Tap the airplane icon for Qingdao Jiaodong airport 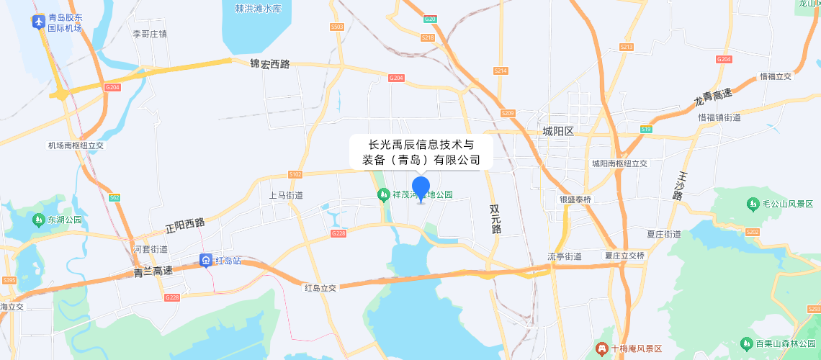click(x=39, y=22)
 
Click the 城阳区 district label click(x=558, y=131)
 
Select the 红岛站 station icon click(x=206, y=261)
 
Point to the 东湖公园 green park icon click(x=38, y=220)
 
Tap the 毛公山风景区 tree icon click(x=753, y=204)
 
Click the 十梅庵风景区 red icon click(x=601, y=349)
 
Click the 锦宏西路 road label click(x=269, y=64)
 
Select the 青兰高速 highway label click(x=153, y=271)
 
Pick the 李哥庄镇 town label click(x=150, y=34)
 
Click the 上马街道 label click(x=286, y=195)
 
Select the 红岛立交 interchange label click(x=320, y=287)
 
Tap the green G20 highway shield click(x=430, y=19)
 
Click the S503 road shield click(x=336, y=27)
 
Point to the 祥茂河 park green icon click(x=383, y=194)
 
